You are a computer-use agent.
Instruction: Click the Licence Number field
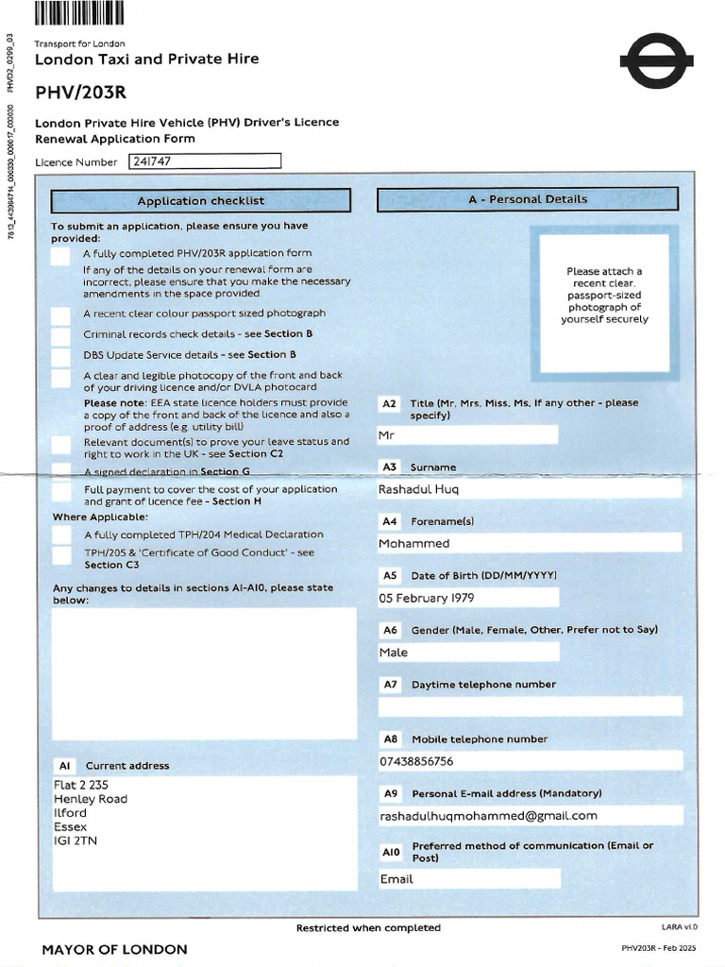pyautogui.click(x=205, y=161)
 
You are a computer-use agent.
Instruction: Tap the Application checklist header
pyautogui.click(x=200, y=200)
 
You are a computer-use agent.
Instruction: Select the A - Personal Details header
pyautogui.click(x=527, y=199)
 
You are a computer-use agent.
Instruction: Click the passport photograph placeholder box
pyautogui.click(x=604, y=302)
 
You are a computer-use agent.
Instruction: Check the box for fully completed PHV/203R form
pyautogui.click(x=60, y=255)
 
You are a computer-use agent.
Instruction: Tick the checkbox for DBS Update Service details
pyautogui.click(x=60, y=356)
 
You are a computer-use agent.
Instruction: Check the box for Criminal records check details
pyautogui.click(x=60, y=335)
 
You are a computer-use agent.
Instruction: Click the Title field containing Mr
pyautogui.click(x=467, y=435)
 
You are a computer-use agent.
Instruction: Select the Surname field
pyautogui.click(x=529, y=489)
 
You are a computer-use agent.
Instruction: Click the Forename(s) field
pyautogui.click(x=529, y=543)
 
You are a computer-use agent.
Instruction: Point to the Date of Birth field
pyautogui.click(x=467, y=598)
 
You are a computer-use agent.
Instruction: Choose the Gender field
pyautogui.click(x=467, y=652)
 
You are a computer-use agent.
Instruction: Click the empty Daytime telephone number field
pyautogui.click(x=529, y=706)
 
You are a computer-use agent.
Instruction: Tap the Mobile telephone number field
pyautogui.click(x=529, y=761)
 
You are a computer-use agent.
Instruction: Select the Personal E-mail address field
pyautogui.click(x=529, y=816)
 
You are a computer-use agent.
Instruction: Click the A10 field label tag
pyautogui.click(x=391, y=852)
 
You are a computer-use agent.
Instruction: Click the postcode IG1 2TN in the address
pyautogui.click(x=76, y=840)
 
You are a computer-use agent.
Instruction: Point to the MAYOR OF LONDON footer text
pyautogui.click(x=114, y=949)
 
